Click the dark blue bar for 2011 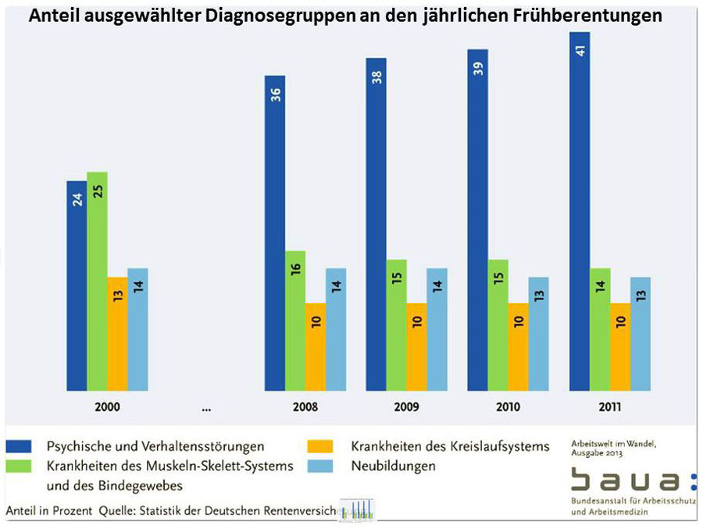pos(579,211)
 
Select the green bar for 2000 pos(97,281)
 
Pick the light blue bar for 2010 pos(539,334)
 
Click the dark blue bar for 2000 pos(77,285)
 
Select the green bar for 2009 pos(397,324)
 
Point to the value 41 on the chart pos(580,52)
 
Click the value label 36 pos(276,95)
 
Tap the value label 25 pos(98,191)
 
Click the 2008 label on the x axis pos(305,406)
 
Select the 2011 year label pos(610,406)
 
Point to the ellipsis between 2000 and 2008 pos(205,407)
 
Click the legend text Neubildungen pos(393,466)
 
